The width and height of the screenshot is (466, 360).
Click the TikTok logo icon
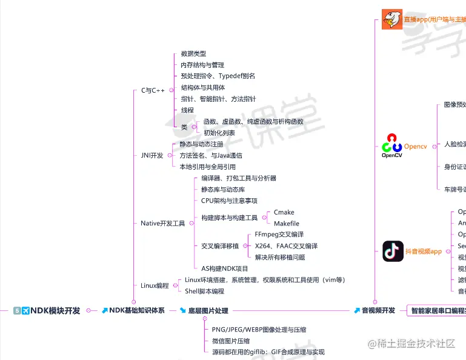pyautogui.click(x=393, y=251)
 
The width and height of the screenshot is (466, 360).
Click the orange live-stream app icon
pyautogui.click(x=392, y=19)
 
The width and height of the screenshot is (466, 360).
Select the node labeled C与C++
pyautogui.click(x=153, y=90)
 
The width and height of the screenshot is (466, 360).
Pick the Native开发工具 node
pyautogui.click(x=162, y=224)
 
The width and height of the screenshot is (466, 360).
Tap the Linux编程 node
pyautogui.click(x=155, y=285)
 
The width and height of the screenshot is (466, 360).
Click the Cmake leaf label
pyautogui.click(x=284, y=212)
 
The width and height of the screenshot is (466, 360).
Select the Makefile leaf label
pyautogui.click(x=287, y=224)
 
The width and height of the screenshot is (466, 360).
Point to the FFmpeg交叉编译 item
pyautogui.click(x=279, y=235)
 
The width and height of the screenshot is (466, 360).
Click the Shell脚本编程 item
pyautogui.click(x=204, y=291)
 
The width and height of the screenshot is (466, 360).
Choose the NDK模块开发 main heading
pyautogui.click(x=55, y=310)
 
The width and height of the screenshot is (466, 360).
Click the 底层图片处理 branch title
pyautogui.click(x=208, y=310)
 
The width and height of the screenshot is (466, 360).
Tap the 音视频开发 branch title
pyautogui.click(x=379, y=310)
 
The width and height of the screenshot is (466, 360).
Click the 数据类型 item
pyautogui.click(x=193, y=54)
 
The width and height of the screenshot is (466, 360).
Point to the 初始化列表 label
pyautogui.click(x=219, y=133)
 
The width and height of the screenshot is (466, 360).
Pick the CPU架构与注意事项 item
pyautogui.click(x=229, y=201)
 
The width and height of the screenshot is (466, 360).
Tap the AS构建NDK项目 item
pyautogui.click(x=225, y=268)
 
